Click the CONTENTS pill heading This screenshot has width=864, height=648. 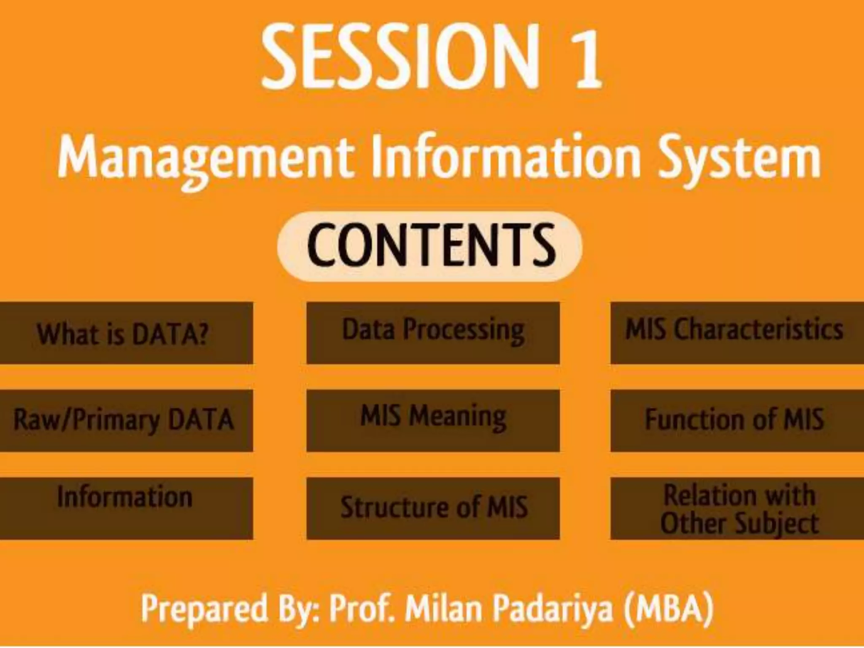(x=429, y=246)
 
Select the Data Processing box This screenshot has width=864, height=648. (x=433, y=333)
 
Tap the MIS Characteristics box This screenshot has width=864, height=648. (x=737, y=333)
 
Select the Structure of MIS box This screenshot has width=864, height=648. (x=433, y=508)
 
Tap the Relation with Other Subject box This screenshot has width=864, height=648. (x=737, y=508)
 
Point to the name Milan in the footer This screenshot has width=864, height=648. (x=443, y=607)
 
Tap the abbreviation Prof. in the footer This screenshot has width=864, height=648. (x=362, y=607)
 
